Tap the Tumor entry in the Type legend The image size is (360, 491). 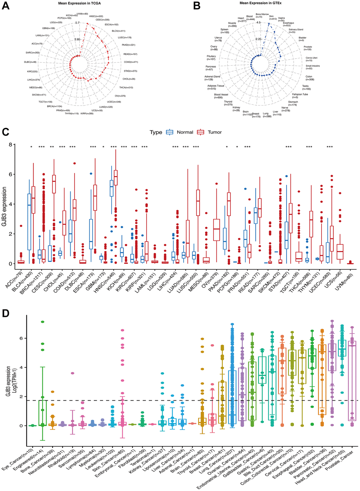(x=211, y=132)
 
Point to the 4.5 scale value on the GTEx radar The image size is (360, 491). (x=258, y=23)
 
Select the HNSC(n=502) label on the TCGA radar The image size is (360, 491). (x=96, y=16)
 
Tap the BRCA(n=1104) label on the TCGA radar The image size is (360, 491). (x=55, y=106)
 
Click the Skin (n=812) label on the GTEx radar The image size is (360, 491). (x=271, y=17)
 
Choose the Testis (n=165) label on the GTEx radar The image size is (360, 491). (x=305, y=87)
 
